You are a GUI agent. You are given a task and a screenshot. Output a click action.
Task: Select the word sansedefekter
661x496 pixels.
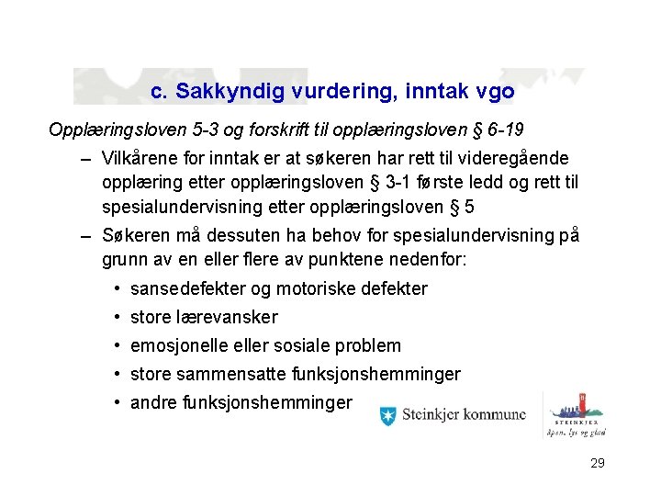[x=188, y=289]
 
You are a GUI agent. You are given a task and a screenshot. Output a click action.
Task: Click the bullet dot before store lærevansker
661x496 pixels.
[x=119, y=318]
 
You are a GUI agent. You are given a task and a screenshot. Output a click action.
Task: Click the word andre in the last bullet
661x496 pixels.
[x=153, y=403]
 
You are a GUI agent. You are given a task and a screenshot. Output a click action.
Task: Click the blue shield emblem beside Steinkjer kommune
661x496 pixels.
[x=389, y=415]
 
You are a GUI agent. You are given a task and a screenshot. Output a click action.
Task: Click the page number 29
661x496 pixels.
[x=597, y=464]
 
